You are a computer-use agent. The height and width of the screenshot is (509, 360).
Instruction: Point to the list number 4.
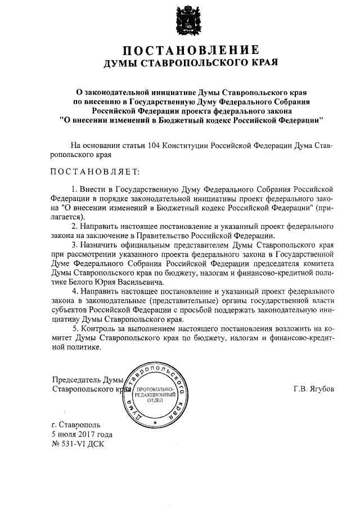click(x=74, y=292)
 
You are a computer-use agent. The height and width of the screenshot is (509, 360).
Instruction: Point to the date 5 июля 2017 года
click(x=82, y=435)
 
